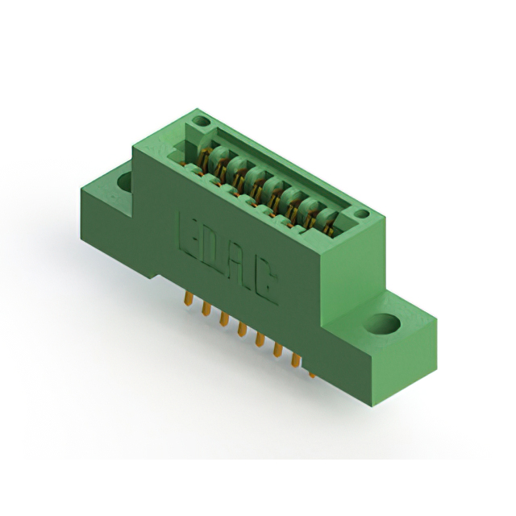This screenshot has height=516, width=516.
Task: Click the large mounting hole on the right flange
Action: tap(383, 322)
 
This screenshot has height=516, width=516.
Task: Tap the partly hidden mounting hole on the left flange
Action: tap(125, 181)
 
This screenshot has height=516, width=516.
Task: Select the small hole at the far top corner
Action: tap(201, 121)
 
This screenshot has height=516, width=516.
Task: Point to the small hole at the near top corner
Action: tap(362, 214)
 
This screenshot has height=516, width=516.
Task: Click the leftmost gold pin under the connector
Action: tap(188, 298)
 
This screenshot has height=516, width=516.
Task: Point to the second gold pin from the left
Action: tap(206, 308)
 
